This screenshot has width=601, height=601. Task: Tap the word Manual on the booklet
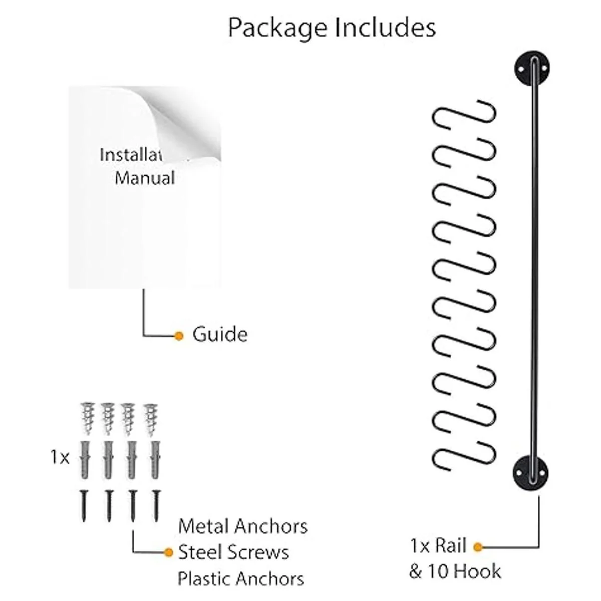click(x=145, y=178)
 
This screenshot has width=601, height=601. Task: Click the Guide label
click(x=220, y=335)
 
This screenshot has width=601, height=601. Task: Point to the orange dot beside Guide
click(x=179, y=336)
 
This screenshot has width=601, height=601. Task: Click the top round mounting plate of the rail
click(x=531, y=69)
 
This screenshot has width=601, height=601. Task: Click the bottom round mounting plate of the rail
click(x=530, y=472)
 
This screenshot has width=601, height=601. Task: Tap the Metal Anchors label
click(x=243, y=526)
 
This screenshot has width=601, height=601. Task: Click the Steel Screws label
click(x=234, y=552)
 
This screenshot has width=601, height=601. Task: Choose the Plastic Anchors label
click(x=241, y=578)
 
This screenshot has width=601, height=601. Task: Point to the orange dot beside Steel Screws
click(x=169, y=552)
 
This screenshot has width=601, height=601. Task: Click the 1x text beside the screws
click(x=60, y=457)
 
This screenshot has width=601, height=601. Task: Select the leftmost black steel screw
click(x=84, y=505)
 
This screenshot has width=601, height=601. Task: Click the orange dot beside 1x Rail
click(x=478, y=547)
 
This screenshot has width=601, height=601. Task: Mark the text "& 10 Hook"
click(x=455, y=571)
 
